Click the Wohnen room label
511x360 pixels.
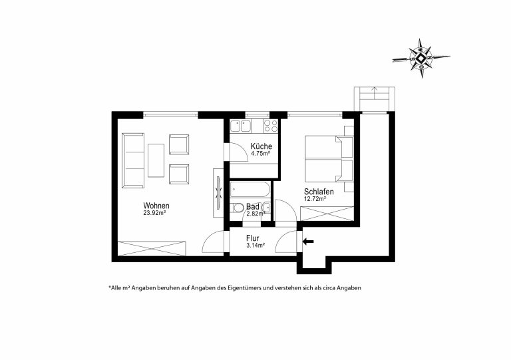click(156, 206)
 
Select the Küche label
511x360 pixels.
click(261, 146)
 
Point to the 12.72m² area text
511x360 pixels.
click(315, 198)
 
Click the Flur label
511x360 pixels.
click(253, 238)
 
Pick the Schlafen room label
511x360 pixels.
click(319, 192)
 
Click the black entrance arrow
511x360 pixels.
click(308, 242)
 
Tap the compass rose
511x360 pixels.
click(421, 59)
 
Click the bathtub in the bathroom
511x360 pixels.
click(250, 190)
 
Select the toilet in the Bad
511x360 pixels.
click(237, 208)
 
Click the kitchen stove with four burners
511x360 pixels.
click(271, 126)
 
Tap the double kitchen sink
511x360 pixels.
click(240, 126)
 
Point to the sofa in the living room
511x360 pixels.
click(133, 160)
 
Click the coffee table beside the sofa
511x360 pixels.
click(156, 160)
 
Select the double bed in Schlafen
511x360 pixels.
click(329, 158)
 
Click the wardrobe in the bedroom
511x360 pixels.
click(327, 214)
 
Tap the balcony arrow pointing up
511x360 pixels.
click(375, 93)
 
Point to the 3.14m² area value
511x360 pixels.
click(255, 246)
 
